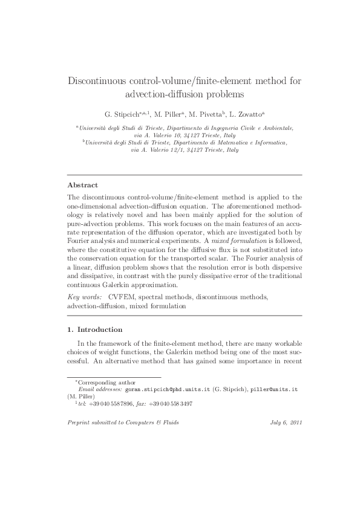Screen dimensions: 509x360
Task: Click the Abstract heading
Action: [82, 184]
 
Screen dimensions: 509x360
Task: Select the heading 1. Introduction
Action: [94, 329]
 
